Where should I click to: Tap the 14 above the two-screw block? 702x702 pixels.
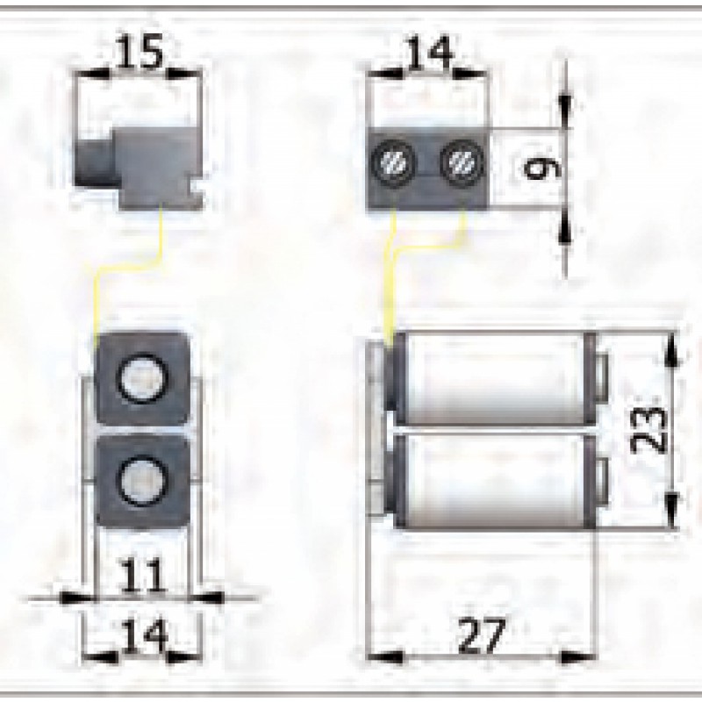coord(429,54)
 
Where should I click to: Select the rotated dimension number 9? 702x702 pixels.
coord(533,167)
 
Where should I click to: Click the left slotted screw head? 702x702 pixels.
coord(391,161)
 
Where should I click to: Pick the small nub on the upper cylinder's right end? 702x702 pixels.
coord(601,378)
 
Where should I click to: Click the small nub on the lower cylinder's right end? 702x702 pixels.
coord(601,480)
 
